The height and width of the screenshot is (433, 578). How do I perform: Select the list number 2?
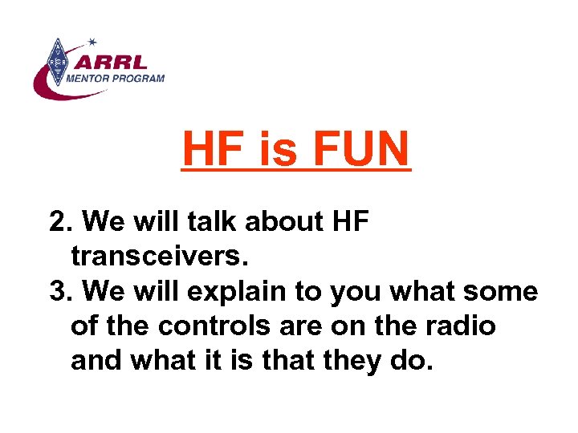(59, 221)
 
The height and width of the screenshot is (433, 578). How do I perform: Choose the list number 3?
(59, 291)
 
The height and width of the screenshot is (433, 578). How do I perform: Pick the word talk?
(212, 221)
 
